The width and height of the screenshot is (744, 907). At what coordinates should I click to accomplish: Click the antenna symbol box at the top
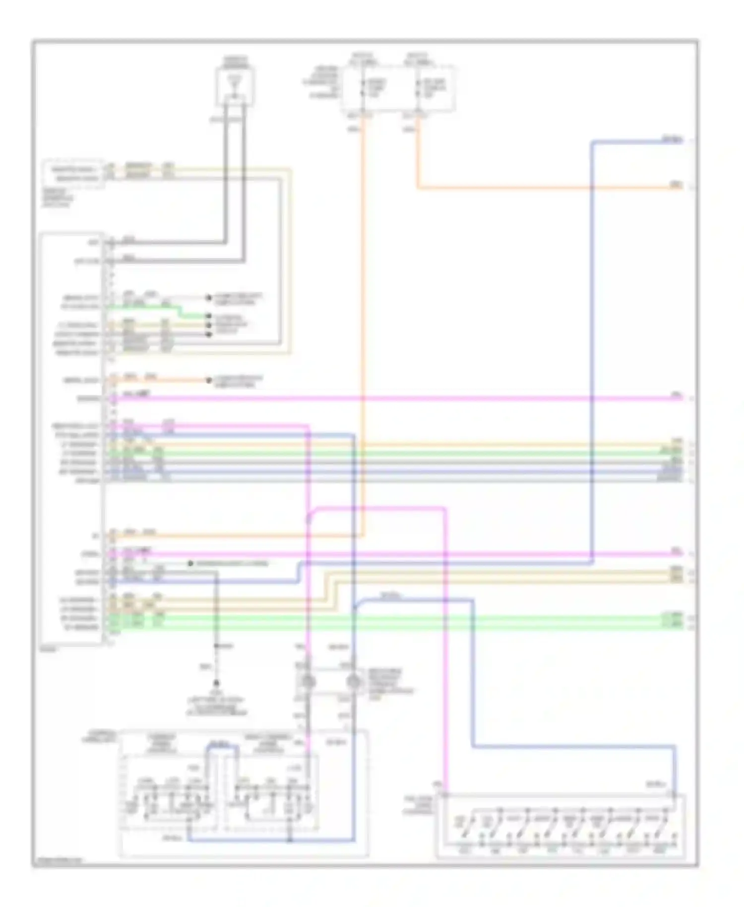tap(235, 87)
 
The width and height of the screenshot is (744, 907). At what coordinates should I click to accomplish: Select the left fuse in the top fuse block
tap(364, 88)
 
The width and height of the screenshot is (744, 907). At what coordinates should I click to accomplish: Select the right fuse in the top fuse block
tap(420, 88)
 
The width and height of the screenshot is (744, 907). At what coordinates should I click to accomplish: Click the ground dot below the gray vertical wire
tap(216, 683)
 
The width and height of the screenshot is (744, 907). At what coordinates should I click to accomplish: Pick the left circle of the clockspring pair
tap(308, 682)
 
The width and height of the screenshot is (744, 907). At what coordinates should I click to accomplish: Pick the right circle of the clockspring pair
tap(353, 682)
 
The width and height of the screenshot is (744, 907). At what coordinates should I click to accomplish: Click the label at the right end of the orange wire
tap(676, 185)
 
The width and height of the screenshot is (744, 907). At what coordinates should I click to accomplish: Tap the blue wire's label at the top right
tap(673, 140)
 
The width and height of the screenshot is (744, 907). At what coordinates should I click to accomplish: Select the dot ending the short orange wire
tap(209, 381)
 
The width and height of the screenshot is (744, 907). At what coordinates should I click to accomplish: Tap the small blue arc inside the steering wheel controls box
tap(222, 748)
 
